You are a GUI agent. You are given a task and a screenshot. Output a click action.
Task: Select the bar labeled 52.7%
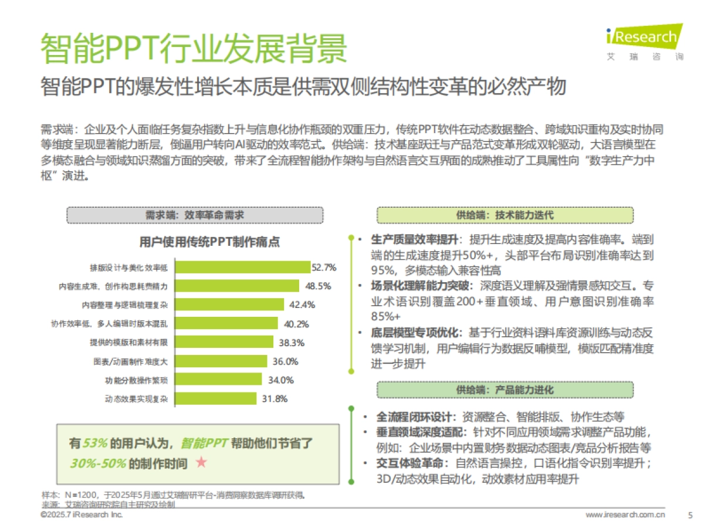(243, 268)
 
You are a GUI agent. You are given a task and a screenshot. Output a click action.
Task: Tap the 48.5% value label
(318, 286)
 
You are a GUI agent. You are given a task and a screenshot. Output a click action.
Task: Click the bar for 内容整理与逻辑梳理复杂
(231, 305)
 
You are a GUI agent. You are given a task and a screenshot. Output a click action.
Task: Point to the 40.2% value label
(296, 324)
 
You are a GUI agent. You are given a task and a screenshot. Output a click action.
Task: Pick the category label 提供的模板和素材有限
(129, 343)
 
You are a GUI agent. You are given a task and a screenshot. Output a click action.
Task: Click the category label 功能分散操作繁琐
(137, 380)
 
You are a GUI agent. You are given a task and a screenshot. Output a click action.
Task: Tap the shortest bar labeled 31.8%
(216, 399)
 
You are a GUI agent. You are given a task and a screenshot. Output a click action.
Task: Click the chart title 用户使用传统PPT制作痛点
(209, 242)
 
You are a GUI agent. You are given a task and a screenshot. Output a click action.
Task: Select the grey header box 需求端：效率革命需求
(195, 215)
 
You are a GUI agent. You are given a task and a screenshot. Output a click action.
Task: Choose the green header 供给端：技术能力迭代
(505, 215)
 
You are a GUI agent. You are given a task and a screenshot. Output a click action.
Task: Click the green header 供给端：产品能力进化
(505, 390)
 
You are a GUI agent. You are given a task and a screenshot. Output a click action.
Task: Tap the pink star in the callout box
(201, 463)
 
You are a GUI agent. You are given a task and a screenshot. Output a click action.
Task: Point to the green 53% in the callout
(94, 444)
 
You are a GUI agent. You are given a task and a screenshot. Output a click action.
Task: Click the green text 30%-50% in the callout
(98, 463)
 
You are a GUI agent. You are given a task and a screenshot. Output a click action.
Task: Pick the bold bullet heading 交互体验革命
(409, 463)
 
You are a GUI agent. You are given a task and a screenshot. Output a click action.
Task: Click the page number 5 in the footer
(689, 515)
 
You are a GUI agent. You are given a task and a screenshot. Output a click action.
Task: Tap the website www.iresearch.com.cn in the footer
(625, 515)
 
